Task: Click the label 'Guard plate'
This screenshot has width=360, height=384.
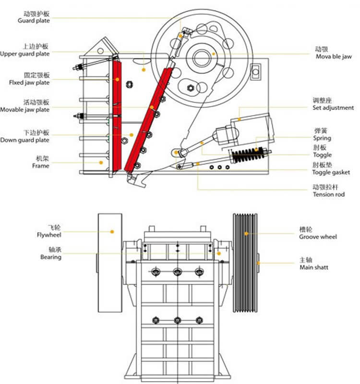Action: [34, 21]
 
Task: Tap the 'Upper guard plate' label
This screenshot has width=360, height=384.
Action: [25, 54]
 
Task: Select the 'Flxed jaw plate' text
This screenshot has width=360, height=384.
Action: [29, 83]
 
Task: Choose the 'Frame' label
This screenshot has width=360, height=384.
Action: [41, 166]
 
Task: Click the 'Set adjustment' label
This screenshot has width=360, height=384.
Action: [333, 108]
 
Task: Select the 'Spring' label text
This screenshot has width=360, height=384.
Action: [322, 138]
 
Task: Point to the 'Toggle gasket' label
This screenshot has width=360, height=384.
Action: [331, 172]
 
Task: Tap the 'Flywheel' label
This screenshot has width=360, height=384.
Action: [49, 235]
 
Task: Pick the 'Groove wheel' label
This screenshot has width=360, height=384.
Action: [318, 237]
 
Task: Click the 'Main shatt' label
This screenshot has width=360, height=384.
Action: [314, 267]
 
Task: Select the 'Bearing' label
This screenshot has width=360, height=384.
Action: [51, 257]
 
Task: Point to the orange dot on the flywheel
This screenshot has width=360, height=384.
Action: [112, 232]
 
